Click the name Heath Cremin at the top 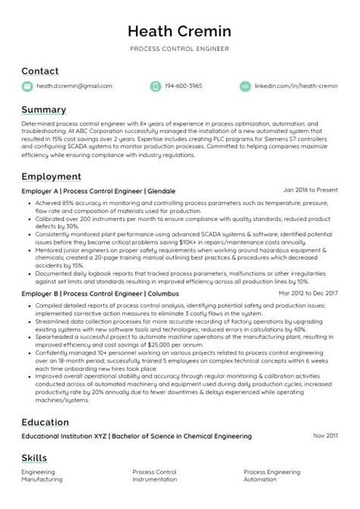pyautogui.click(x=179, y=31)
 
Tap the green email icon pyautogui.click(x=27, y=87)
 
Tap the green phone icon pyautogui.click(x=156, y=87)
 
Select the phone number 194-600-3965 pyautogui.click(x=185, y=87)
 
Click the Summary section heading pyautogui.click(x=43, y=109)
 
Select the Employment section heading pyautogui.click(x=52, y=176)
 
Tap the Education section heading pyautogui.click(x=46, y=422)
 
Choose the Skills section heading pyautogui.click(x=34, y=458)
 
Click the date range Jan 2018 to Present pyautogui.click(x=310, y=190)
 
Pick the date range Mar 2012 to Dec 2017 pyautogui.click(x=307, y=292)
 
